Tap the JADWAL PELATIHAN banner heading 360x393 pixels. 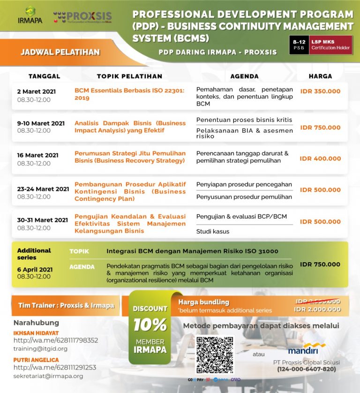tap(60, 52)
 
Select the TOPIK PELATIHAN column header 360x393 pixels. tap(129, 76)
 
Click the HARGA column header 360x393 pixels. tap(320, 76)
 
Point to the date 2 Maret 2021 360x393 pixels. tap(36, 91)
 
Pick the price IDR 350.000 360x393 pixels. tap(320, 91)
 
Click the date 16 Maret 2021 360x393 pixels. tap(38, 155)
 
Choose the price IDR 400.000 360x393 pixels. tap(320, 159)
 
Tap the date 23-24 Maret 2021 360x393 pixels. tap(43, 189)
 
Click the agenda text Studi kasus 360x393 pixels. tap(213, 231)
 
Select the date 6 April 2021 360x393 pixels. tap(35, 270)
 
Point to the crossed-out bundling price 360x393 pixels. tap(318, 302)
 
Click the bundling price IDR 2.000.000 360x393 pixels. tap(318, 310)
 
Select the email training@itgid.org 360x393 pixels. tap(40, 348)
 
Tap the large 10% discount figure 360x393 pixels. tap(150, 325)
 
